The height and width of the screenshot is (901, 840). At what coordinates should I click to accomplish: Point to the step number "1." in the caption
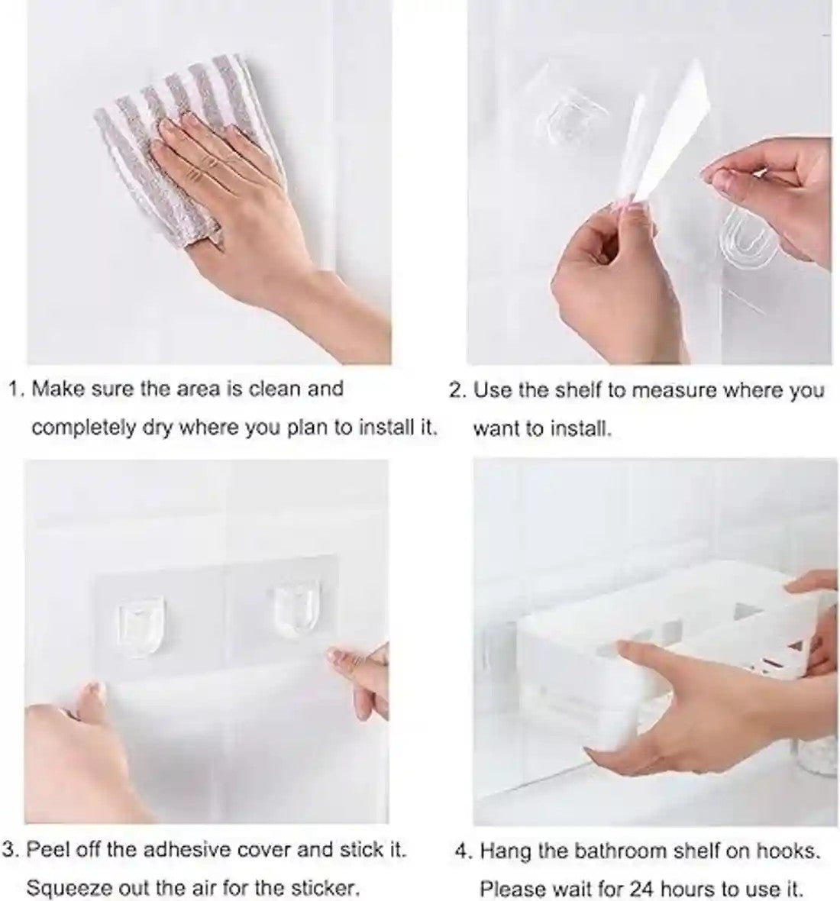tap(17, 389)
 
